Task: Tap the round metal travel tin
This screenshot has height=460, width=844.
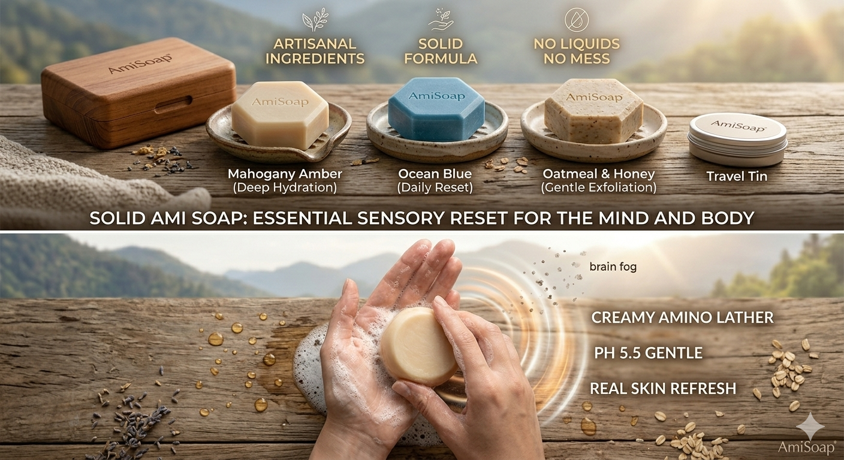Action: coord(737,138)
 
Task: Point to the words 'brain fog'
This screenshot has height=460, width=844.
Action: coord(613,267)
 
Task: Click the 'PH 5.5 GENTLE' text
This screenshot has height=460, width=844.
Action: coord(648,353)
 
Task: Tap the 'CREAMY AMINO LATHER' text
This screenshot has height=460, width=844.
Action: coord(682,318)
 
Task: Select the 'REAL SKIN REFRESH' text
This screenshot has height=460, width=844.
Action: coord(662,389)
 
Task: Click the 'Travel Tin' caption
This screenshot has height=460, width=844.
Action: coord(736,177)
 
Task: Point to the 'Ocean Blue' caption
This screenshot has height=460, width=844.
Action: coord(435,174)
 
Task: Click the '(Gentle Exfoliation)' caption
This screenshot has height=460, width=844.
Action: coord(598,187)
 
